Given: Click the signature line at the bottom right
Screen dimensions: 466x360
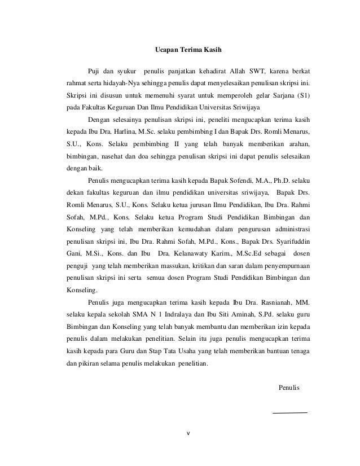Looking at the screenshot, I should [x=289, y=412].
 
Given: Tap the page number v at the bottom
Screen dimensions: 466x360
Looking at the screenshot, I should [x=188, y=434].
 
